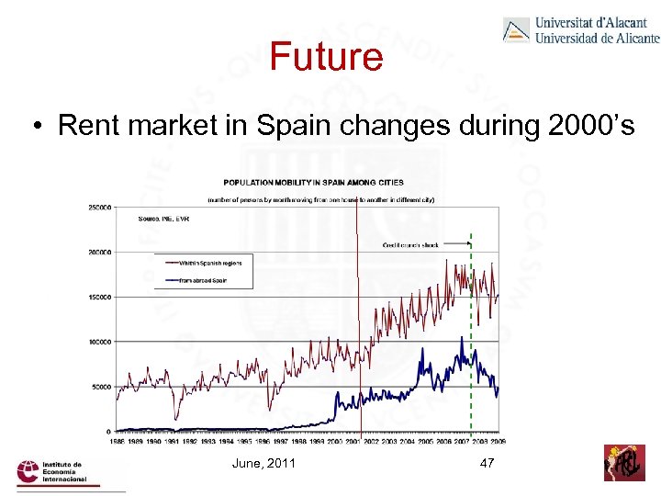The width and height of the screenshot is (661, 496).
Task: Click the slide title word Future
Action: click(x=326, y=57)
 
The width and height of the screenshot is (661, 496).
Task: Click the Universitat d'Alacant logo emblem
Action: click(x=516, y=29)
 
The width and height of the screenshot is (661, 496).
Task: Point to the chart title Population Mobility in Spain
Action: click(x=313, y=182)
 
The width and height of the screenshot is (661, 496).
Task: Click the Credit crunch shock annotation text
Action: click(x=410, y=245)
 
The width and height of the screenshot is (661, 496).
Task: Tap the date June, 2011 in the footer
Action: click(x=265, y=463)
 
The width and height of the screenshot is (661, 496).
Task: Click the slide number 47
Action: click(x=487, y=463)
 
